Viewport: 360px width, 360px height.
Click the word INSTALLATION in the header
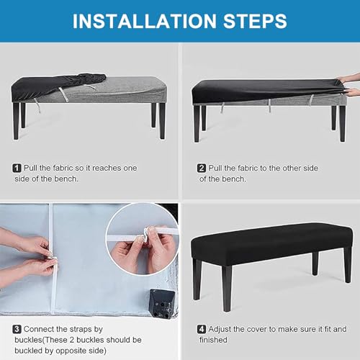click(x=145, y=21)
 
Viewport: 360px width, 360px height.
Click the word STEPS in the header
click(x=255, y=21)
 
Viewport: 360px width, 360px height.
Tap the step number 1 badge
click(x=17, y=168)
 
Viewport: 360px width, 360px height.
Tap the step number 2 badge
click(x=202, y=168)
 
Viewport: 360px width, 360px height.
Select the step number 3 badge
click(x=17, y=329)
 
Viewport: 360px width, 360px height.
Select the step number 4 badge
click(x=202, y=329)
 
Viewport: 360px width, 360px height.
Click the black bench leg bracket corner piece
click(x=161, y=303)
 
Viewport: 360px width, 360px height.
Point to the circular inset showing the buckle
click(x=143, y=239)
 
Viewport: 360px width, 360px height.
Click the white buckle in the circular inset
click(x=147, y=235)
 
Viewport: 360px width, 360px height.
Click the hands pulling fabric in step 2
click(x=349, y=85)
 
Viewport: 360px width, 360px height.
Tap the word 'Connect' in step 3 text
click(x=39, y=329)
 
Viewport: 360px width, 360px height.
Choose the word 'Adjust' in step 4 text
click(x=220, y=329)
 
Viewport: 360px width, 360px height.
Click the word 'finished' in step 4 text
click(x=213, y=340)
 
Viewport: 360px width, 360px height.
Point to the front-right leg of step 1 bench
click(x=163, y=121)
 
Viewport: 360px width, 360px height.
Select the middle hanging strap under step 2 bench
click(x=269, y=106)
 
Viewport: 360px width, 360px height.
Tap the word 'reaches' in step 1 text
click(x=107, y=168)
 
